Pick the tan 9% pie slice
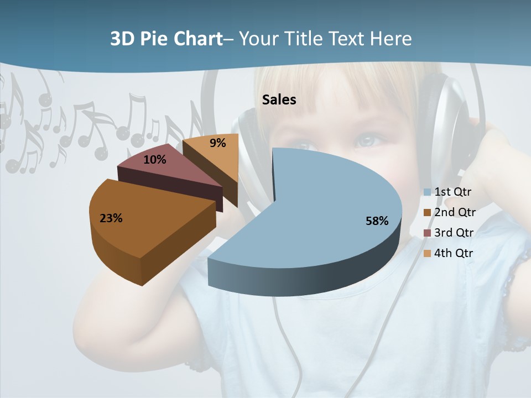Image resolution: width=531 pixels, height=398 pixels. (x=213, y=152)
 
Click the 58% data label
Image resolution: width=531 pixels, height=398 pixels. (x=377, y=221)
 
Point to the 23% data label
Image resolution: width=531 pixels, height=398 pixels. (x=111, y=218)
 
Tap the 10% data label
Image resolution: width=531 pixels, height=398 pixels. (x=155, y=160)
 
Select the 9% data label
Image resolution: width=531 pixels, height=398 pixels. (x=218, y=143)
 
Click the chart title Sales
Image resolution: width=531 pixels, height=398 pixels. (x=279, y=99)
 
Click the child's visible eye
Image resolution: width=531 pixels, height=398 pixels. (x=367, y=140)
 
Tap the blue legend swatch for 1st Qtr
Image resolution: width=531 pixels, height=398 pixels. (x=427, y=192)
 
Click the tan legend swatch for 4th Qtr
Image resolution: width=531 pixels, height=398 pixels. (x=427, y=254)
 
